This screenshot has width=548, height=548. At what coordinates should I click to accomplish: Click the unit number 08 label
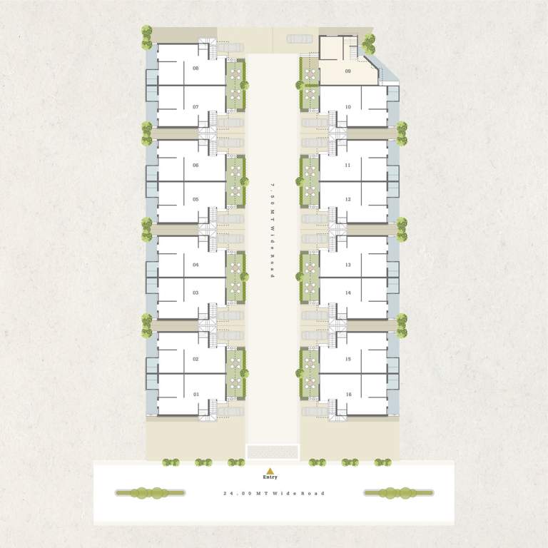pyautogui.click(x=196, y=68)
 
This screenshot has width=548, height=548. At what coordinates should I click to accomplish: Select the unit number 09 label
pyautogui.click(x=347, y=71)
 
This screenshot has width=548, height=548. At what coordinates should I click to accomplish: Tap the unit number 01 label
pyautogui.click(x=196, y=394)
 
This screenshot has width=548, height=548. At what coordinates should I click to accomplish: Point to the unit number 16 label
pyautogui.click(x=348, y=394)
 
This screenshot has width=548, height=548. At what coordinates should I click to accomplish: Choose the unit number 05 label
pyautogui.click(x=196, y=199)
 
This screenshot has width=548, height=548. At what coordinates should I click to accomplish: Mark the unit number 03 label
pyautogui.click(x=196, y=293)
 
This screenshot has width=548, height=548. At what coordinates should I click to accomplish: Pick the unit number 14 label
pyautogui.click(x=348, y=293)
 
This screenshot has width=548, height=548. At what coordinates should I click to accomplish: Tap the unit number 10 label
pyautogui.click(x=348, y=107)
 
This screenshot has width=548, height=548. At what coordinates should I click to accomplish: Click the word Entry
pyautogui.click(x=270, y=477)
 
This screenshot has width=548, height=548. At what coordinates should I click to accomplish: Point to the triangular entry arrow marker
pyautogui.click(x=270, y=470)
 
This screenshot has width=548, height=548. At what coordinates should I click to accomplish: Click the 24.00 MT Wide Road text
pyautogui.click(x=274, y=493)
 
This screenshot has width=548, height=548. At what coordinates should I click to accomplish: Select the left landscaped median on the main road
pyautogui.click(x=150, y=492)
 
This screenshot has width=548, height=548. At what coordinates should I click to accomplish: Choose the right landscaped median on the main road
pyautogui.click(x=398, y=492)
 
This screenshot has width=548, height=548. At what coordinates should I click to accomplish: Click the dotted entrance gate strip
pyautogui.click(x=272, y=452)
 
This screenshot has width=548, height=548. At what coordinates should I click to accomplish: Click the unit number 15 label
pyautogui.click(x=348, y=359)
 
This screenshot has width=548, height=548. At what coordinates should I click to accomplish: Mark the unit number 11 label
pyautogui.click(x=348, y=165)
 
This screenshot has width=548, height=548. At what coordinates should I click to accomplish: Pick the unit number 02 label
pyautogui.click(x=196, y=359)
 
